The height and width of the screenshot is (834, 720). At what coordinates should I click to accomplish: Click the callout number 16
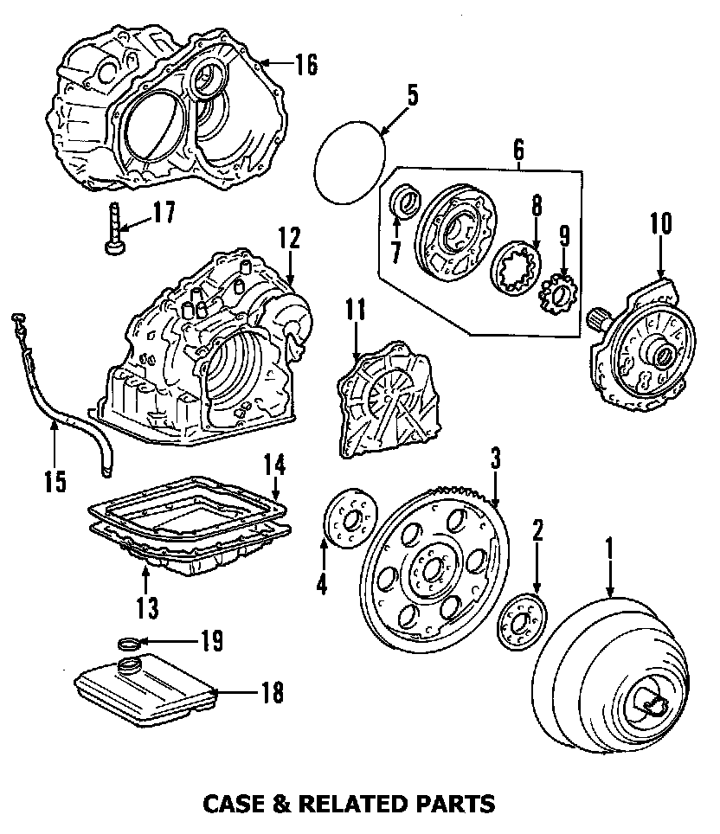point(305,64)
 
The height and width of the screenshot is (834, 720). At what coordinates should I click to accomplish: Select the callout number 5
point(412,94)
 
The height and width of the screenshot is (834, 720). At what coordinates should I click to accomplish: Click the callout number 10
point(660,224)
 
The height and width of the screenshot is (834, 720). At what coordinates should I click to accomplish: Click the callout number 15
point(55,480)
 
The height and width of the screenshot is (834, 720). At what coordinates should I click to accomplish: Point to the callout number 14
point(273,465)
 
